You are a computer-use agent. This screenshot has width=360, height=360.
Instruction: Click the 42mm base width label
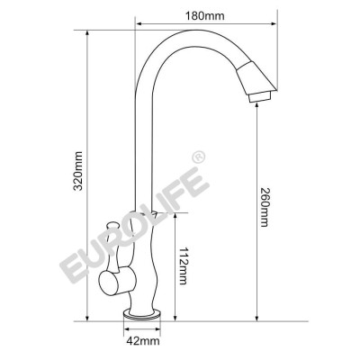[142, 340]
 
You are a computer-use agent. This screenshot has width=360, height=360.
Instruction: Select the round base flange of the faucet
[143, 316]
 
